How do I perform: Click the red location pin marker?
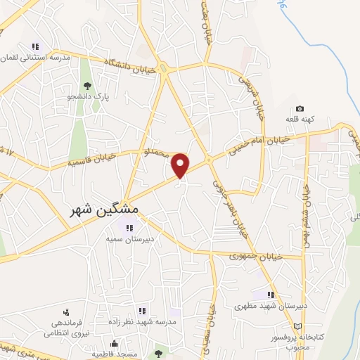pyautogui.click(x=181, y=165)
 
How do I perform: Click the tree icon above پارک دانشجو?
pyautogui.click(x=87, y=86)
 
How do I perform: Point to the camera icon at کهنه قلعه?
pyautogui.click(x=300, y=109)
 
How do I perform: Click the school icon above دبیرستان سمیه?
pyautogui.click(x=129, y=226)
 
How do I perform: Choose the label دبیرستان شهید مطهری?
pyautogui.click(x=269, y=307)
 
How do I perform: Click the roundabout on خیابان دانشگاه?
pyautogui.click(x=163, y=68)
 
